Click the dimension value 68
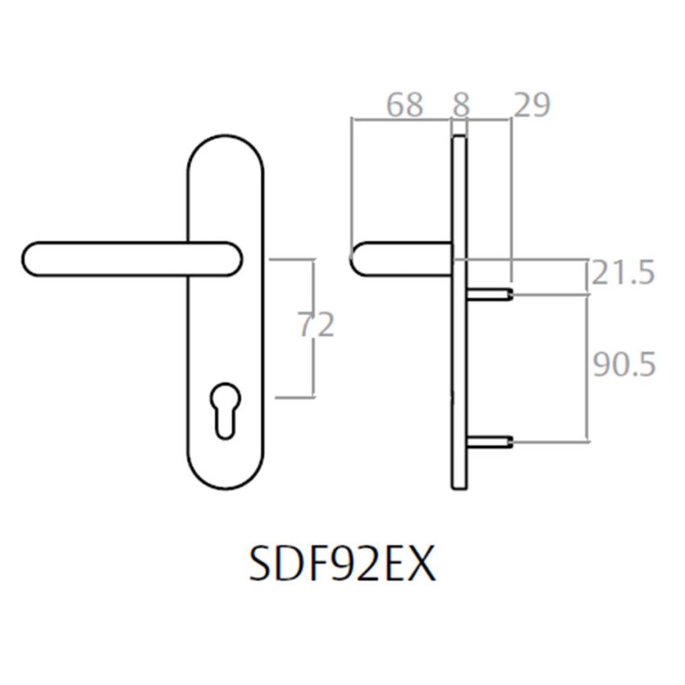405,105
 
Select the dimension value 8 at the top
461,105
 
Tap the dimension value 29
530,105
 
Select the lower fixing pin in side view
488,441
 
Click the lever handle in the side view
399,259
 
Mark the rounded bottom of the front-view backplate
225,479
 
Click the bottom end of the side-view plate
459,485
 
